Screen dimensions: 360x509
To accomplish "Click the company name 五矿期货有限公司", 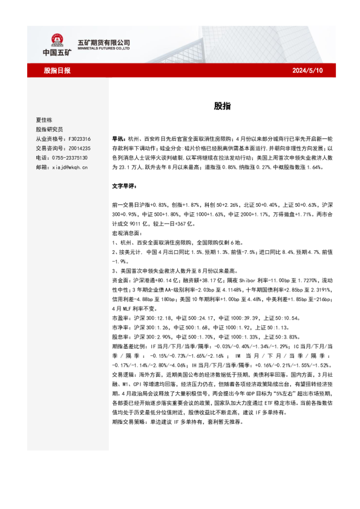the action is coord(104,43).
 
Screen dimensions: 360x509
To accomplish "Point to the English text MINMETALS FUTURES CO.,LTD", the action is coord(105,50).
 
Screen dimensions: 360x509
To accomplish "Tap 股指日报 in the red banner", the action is coord(57,71).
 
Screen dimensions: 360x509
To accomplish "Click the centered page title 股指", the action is coord(221,105).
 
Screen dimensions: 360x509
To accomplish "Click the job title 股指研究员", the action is coord(50,129).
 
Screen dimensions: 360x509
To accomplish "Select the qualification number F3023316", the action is coord(79,138).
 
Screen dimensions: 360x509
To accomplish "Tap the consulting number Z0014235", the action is coord(79,148).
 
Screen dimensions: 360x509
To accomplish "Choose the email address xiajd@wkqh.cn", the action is coord(70,167).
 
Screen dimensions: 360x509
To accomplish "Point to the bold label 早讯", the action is coord(117,138).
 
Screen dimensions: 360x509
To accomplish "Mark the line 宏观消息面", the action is coord(126,232).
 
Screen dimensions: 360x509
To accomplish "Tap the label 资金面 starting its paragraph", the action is coord(120,280).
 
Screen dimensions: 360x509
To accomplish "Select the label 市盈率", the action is coord(120,317).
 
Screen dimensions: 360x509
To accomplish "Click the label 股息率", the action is coord(120,336).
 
